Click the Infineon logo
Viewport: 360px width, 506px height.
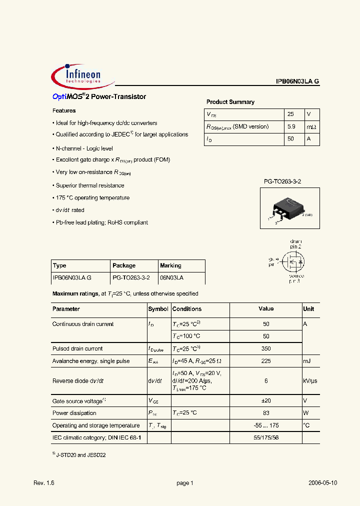[82, 76]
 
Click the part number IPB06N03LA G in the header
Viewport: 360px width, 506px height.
[297, 81]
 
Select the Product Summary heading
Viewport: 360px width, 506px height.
[230, 102]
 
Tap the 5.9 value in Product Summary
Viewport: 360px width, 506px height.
[291, 127]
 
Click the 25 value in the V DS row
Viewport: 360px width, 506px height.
[290, 114]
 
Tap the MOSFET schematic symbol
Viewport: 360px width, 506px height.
[292, 260]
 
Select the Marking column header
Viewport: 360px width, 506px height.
[170, 265]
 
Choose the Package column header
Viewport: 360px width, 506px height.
[124, 265]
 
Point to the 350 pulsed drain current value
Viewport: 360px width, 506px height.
[266, 348]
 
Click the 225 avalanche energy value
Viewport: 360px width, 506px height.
[266, 361]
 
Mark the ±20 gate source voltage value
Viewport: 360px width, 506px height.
[266, 401]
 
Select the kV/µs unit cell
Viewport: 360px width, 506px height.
[310, 381]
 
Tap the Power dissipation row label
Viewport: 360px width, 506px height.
[74, 413]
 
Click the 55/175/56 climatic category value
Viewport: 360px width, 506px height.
[266, 437]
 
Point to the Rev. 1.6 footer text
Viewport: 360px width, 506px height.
[43, 483]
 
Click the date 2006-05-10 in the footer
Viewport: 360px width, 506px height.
[322, 483]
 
